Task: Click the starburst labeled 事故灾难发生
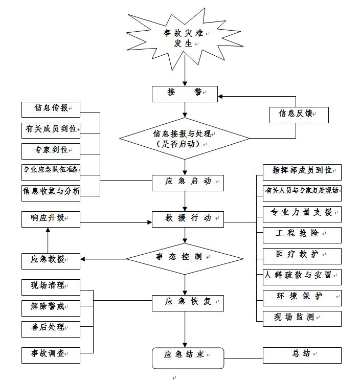(x=184, y=38)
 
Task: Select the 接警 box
(x=185, y=93)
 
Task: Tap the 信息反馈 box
(x=299, y=114)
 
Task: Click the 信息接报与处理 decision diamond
(x=185, y=139)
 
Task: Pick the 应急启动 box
(x=188, y=181)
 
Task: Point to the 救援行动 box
(x=188, y=218)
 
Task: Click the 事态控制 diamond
(x=185, y=257)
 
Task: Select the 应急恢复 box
(x=188, y=302)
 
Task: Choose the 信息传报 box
(x=51, y=108)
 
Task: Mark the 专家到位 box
(x=51, y=150)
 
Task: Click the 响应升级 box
(x=51, y=218)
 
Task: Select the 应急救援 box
(x=51, y=260)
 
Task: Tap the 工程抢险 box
(x=302, y=234)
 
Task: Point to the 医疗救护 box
(x=302, y=255)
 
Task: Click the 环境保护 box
(x=302, y=297)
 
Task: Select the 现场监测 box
(x=302, y=318)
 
